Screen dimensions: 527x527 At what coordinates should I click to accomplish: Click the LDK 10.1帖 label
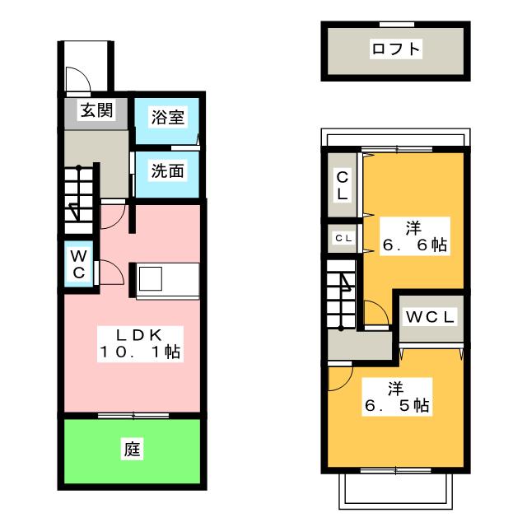pos(139,343)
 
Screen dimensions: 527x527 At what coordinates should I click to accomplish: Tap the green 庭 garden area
pos(132,450)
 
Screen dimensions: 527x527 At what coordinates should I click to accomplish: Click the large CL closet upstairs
pos(342,186)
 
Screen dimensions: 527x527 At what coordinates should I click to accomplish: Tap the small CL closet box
pos(343,238)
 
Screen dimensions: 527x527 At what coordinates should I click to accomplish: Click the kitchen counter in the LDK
pos(167,278)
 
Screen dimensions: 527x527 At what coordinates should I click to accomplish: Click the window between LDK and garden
pos(131,415)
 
